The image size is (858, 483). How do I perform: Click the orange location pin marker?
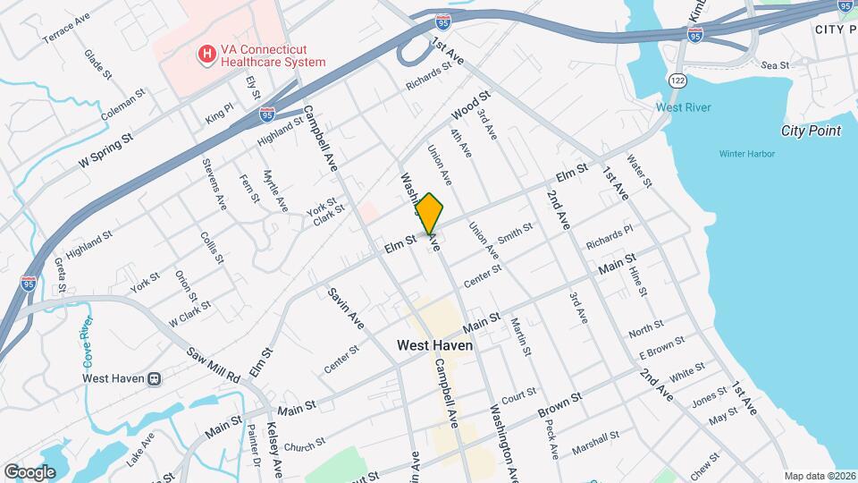(430, 215)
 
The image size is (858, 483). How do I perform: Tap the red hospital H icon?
(207, 55)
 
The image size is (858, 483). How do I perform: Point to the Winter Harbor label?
(746, 154)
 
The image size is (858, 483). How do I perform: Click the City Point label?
(811, 131)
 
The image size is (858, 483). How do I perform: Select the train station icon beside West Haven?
(155, 378)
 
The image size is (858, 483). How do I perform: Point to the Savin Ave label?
(345, 309)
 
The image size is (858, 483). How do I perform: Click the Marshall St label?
(598, 441)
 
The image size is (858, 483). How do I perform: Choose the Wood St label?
(471, 106)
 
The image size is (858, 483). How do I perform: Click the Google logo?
(29, 471)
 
